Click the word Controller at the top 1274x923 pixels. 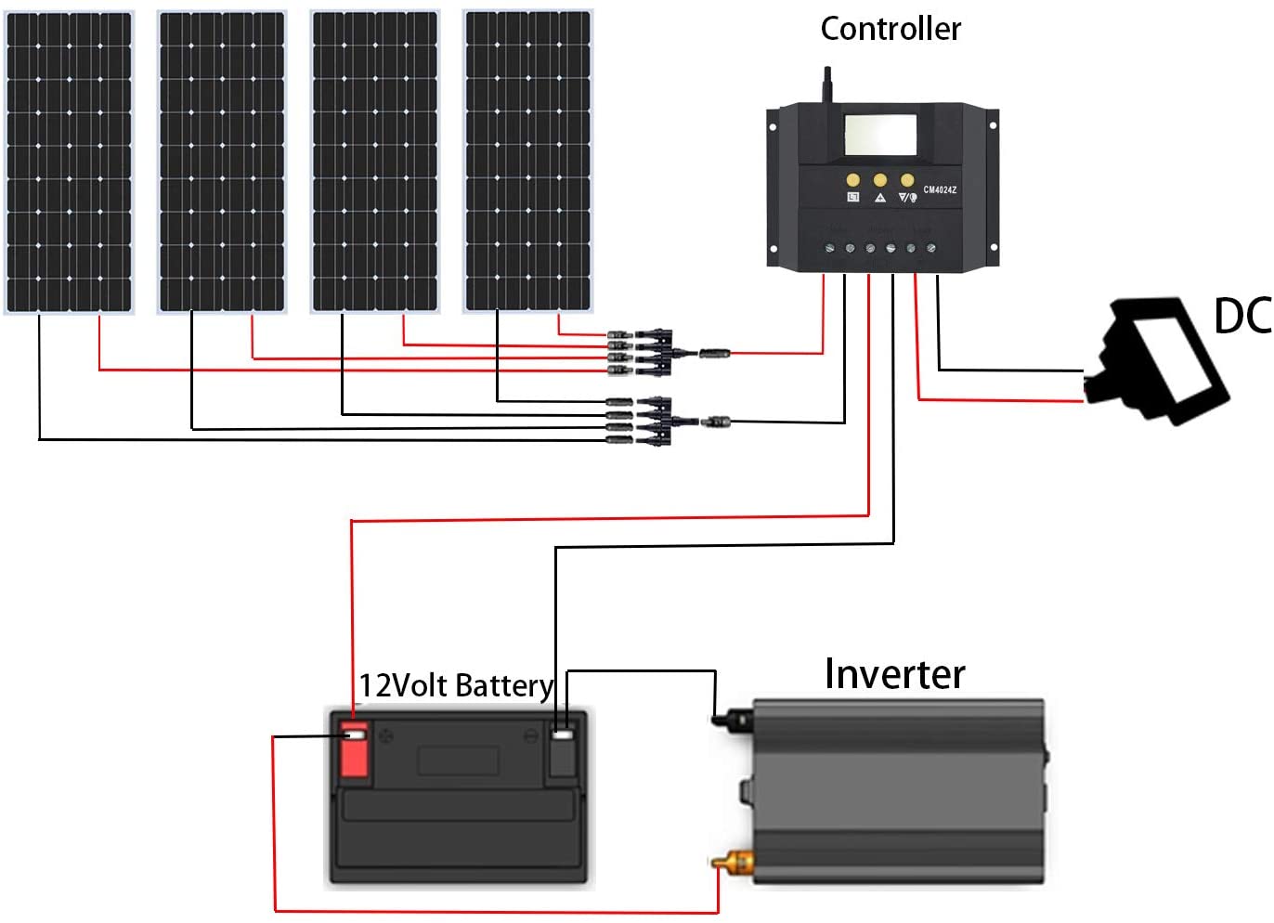[890, 30]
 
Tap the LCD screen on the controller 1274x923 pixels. [879, 135]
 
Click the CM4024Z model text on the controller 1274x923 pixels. [939, 190]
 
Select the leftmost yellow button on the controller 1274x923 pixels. [852, 180]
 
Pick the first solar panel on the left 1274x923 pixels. [70, 162]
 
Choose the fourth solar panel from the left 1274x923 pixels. [527, 162]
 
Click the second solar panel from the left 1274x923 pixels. [222, 162]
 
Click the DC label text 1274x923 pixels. [1241, 317]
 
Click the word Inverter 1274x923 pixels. [894, 674]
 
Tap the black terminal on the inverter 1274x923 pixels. [733, 718]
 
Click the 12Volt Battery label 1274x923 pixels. [455, 686]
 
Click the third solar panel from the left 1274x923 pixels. [375, 162]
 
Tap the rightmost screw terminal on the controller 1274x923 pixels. [931, 249]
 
